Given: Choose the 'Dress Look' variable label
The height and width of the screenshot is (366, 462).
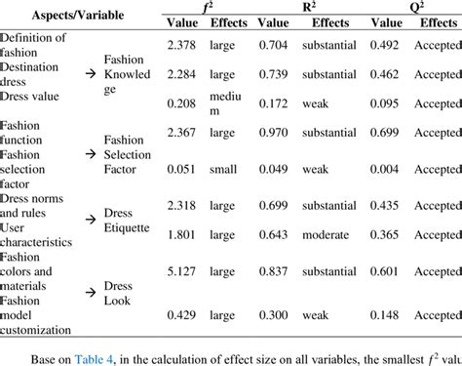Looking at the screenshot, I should [120, 294].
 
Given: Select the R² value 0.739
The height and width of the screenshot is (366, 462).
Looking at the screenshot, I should [276, 73].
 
